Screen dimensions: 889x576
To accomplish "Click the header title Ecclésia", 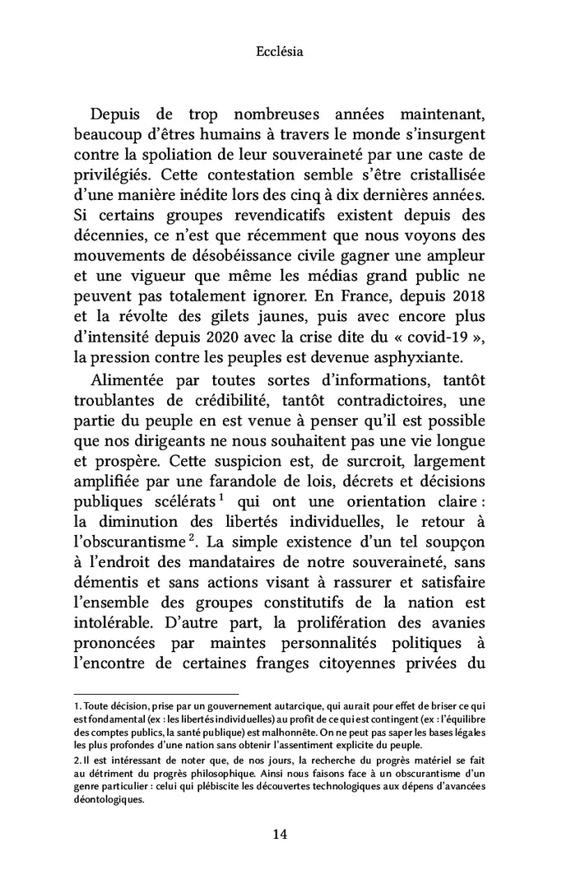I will point(280,52).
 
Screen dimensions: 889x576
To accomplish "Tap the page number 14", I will point(280,835).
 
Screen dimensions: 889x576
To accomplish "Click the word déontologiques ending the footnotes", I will point(109,798).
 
